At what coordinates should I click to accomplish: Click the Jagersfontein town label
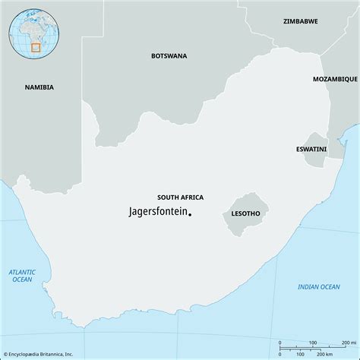[x=156, y=213]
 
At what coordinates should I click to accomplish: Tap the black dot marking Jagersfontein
[x=189, y=214]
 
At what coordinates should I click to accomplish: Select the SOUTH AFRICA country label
[x=180, y=197]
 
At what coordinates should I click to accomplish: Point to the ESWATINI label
[x=311, y=149]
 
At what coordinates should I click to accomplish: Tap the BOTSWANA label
[x=169, y=55]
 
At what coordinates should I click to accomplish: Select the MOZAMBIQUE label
[x=335, y=79]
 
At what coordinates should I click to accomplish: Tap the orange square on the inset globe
[x=36, y=47]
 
